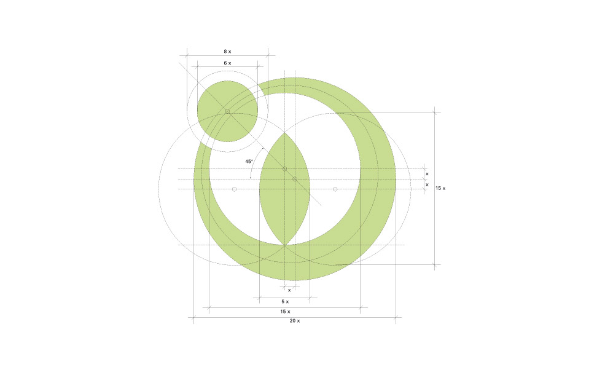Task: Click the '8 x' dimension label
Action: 227,52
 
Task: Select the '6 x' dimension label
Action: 227,63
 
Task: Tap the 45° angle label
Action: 249,162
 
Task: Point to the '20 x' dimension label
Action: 294,322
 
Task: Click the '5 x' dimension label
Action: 285,302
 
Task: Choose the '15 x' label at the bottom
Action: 285,312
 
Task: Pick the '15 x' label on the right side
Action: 440,188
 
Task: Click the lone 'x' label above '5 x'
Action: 289,290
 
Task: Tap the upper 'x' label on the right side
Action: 427,174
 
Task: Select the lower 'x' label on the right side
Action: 427,184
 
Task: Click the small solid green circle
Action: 227,111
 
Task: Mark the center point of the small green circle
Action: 227,111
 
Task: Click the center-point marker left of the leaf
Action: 234,189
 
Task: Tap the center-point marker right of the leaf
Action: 335,189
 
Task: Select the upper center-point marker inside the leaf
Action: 284,168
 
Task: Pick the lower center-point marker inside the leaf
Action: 295,179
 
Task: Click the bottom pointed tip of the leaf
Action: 284,245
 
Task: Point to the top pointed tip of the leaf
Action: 284,132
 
